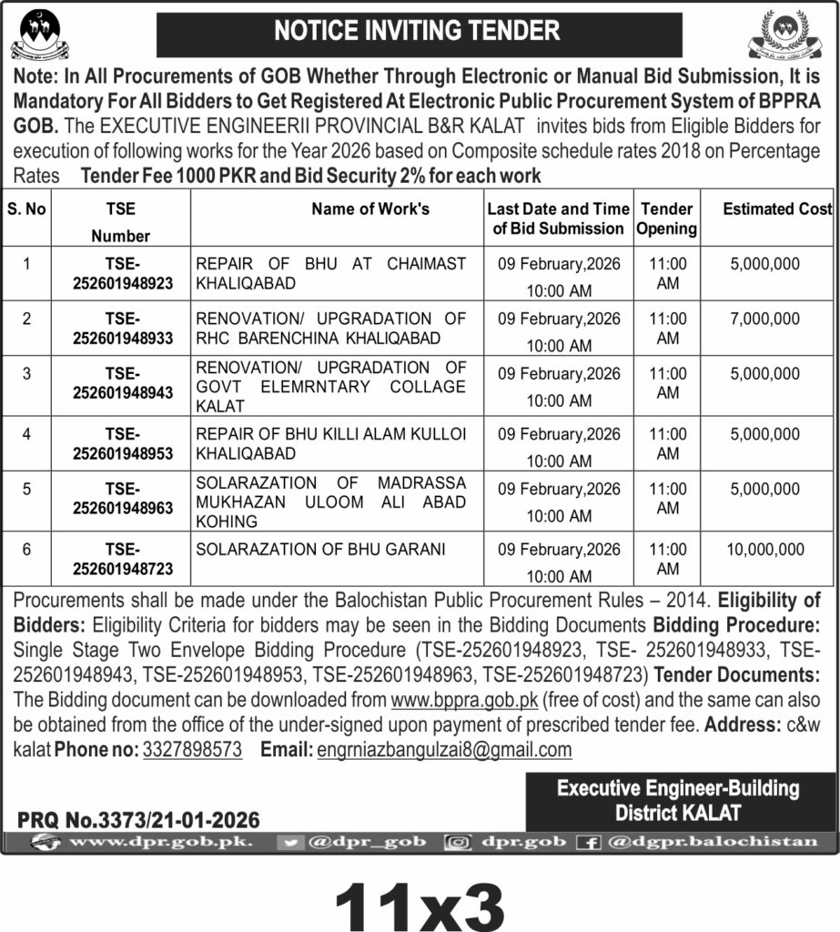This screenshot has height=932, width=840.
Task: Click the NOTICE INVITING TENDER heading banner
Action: click(x=419, y=32)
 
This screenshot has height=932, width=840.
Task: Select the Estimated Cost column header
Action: click(x=777, y=209)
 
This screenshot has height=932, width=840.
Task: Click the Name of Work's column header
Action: click(x=370, y=209)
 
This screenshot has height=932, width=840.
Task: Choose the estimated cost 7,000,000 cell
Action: click(x=765, y=319)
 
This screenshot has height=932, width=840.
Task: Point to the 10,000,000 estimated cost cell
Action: click(x=765, y=549)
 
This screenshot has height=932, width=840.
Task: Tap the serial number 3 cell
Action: click(x=27, y=374)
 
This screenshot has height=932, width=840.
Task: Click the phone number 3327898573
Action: click(x=192, y=750)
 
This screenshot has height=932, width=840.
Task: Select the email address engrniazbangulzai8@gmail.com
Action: click(x=444, y=750)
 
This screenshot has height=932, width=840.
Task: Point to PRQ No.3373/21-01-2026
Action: click(x=138, y=819)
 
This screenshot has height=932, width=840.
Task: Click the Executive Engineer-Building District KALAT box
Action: click(x=678, y=800)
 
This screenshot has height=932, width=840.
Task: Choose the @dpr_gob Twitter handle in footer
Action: click(x=356, y=842)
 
